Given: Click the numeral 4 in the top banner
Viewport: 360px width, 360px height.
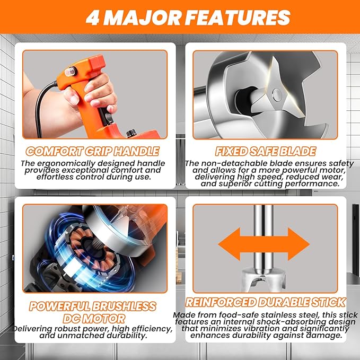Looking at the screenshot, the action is (x=93, y=17).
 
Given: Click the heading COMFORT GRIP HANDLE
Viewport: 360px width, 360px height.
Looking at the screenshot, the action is (x=92, y=151).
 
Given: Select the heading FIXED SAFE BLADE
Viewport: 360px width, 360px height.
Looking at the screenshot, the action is (x=266, y=151).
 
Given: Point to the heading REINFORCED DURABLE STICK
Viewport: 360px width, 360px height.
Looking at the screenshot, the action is (x=266, y=302).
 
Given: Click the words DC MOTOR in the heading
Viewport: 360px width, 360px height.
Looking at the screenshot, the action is (x=94, y=319).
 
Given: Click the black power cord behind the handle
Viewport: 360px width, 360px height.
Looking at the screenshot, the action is (x=42, y=108).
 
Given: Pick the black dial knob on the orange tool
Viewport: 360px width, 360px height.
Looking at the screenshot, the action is (x=131, y=134).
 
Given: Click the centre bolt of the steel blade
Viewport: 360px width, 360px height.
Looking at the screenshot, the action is (x=277, y=94).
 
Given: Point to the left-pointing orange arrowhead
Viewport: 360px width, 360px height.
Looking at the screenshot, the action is (x=230, y=244).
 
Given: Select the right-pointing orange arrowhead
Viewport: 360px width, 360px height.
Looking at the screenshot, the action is (x=298, y=244).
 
